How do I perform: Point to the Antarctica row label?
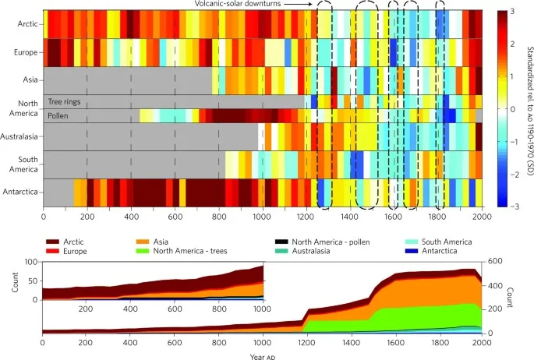click(21, 192)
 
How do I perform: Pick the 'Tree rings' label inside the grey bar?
click(65, 101)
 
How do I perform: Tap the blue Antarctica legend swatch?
click(409, 252)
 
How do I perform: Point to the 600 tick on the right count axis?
click(495, 261)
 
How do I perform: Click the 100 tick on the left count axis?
click(32, 261)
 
